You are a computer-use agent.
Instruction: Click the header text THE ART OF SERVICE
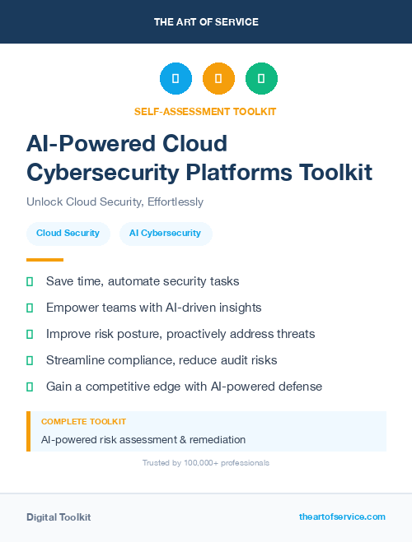206,22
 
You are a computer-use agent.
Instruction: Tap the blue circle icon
176,79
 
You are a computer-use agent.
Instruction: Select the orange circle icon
218,79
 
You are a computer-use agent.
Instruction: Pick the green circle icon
261,79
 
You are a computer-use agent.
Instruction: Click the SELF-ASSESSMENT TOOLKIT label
205,111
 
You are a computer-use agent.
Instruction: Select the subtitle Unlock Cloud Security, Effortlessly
115,202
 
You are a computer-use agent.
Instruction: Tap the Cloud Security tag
68,233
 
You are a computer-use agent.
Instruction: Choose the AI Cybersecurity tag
165,233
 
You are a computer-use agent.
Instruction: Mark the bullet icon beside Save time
30,281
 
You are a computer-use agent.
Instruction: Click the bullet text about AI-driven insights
153,308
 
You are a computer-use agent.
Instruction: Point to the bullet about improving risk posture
180,334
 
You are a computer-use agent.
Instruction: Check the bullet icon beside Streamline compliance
30,360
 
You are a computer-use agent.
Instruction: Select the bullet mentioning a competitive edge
184,386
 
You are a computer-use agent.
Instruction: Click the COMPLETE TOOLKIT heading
83,421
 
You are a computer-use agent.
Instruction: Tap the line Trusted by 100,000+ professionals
206,463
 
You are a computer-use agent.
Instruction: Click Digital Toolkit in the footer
59,517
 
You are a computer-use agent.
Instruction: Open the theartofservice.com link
342,517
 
